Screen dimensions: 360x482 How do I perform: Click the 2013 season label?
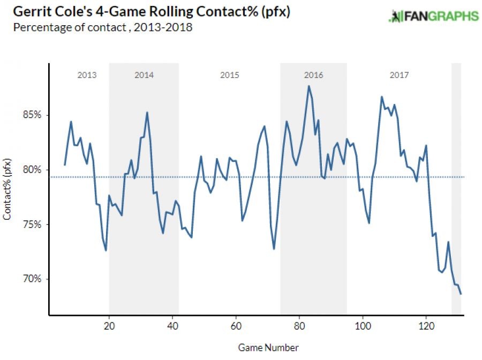tap(87, 75)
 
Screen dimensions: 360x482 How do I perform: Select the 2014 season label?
tap(144, 75)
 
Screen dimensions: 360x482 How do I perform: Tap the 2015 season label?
tap(230, 75)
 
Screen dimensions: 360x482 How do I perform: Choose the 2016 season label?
tap(313, 75)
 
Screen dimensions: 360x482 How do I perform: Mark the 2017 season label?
tap(399, 75)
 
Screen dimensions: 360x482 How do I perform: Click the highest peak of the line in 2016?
tap(309, 86)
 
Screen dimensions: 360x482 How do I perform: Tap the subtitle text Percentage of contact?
tap(63, 27)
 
